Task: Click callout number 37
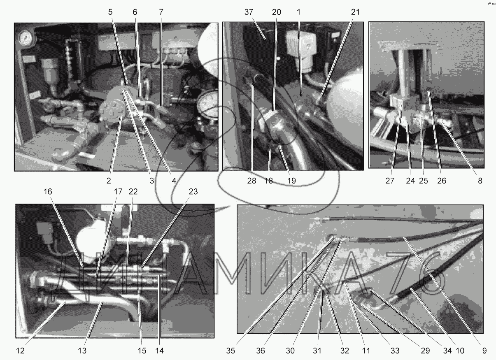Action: [x=249, y=12]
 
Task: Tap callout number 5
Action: [x=110, y=12]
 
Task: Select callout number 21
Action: [x=355, y=12]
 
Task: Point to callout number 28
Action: [x=251, y=181]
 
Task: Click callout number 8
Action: [x=480, y=181]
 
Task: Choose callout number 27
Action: [x=390, y=181]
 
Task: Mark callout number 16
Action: [x=48, y=192]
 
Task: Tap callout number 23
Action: [x=193, y=192]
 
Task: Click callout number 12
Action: [x=20, y=351]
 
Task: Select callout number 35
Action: [x=231, y=351]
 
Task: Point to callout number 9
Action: [x=484, y=351]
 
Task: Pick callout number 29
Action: [x=425, y=351]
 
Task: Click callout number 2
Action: [x=109, y=181]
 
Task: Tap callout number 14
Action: [x=159, y=351]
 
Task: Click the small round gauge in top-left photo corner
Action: [x=26, y=37]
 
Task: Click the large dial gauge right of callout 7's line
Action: [x=208, y=104]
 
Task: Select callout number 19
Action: [x=291, y=181]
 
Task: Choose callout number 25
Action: [x=424, y=181]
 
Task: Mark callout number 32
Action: [x=345, y=351]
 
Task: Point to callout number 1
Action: [x=298, y=12]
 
